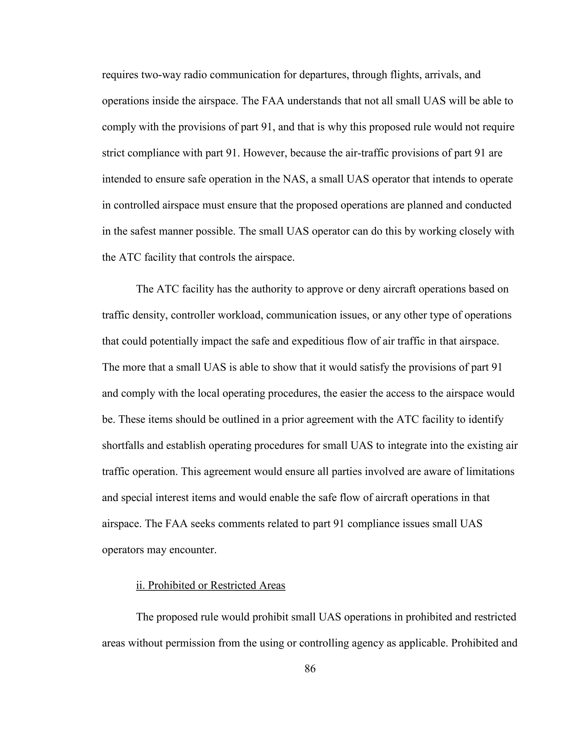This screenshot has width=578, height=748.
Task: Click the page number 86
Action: click(x=310, y=668)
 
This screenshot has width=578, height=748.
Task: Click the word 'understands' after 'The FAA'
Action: click(x=314, y=101)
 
